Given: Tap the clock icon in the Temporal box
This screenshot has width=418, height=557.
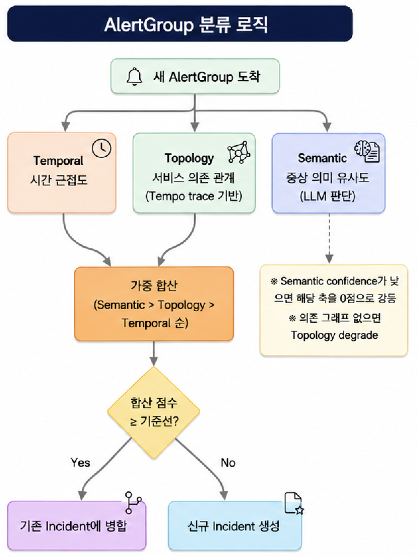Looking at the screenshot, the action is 101,148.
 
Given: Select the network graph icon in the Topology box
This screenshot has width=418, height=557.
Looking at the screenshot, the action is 238,152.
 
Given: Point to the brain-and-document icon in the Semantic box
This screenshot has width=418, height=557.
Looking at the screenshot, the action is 367,152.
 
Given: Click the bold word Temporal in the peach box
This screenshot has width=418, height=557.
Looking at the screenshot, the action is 58,161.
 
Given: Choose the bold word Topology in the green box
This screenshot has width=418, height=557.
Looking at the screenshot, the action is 189,158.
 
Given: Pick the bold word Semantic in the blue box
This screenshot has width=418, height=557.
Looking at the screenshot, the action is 322,158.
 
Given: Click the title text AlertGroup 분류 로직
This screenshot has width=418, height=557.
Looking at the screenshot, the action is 186,25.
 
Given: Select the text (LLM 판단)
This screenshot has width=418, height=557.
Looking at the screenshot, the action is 327,196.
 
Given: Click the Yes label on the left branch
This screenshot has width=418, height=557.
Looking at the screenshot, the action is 80,463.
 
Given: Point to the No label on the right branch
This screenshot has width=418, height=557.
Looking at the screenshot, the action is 228,463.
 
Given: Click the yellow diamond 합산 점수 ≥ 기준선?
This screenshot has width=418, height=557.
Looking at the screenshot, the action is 153,412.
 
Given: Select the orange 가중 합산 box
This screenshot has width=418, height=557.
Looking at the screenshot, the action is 154,304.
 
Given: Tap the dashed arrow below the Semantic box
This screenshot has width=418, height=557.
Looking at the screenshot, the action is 329,238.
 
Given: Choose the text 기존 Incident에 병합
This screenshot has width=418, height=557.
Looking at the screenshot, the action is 73,526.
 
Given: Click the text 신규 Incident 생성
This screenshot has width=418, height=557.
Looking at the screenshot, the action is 233,526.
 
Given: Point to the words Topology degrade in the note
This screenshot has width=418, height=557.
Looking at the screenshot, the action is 334,335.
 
